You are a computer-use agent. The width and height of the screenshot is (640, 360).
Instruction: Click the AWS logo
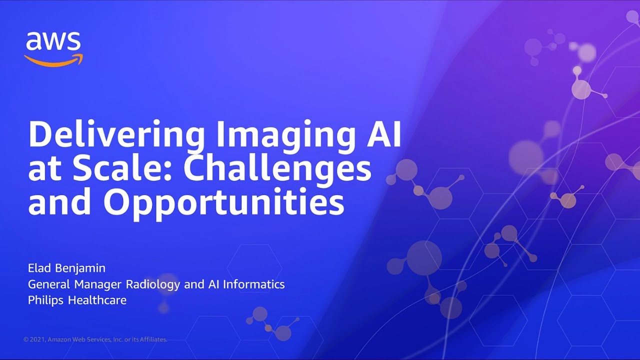pos(53,48)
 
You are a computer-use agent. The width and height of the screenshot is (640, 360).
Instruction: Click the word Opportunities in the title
pos(223,202)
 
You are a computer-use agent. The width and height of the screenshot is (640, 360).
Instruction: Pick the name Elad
pos(39,268)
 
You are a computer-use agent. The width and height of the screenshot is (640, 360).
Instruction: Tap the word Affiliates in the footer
pos(151,339)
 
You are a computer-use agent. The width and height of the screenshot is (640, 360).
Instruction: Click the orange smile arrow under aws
pos(53,59)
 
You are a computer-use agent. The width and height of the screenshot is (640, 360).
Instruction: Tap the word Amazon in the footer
pos(60,339)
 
